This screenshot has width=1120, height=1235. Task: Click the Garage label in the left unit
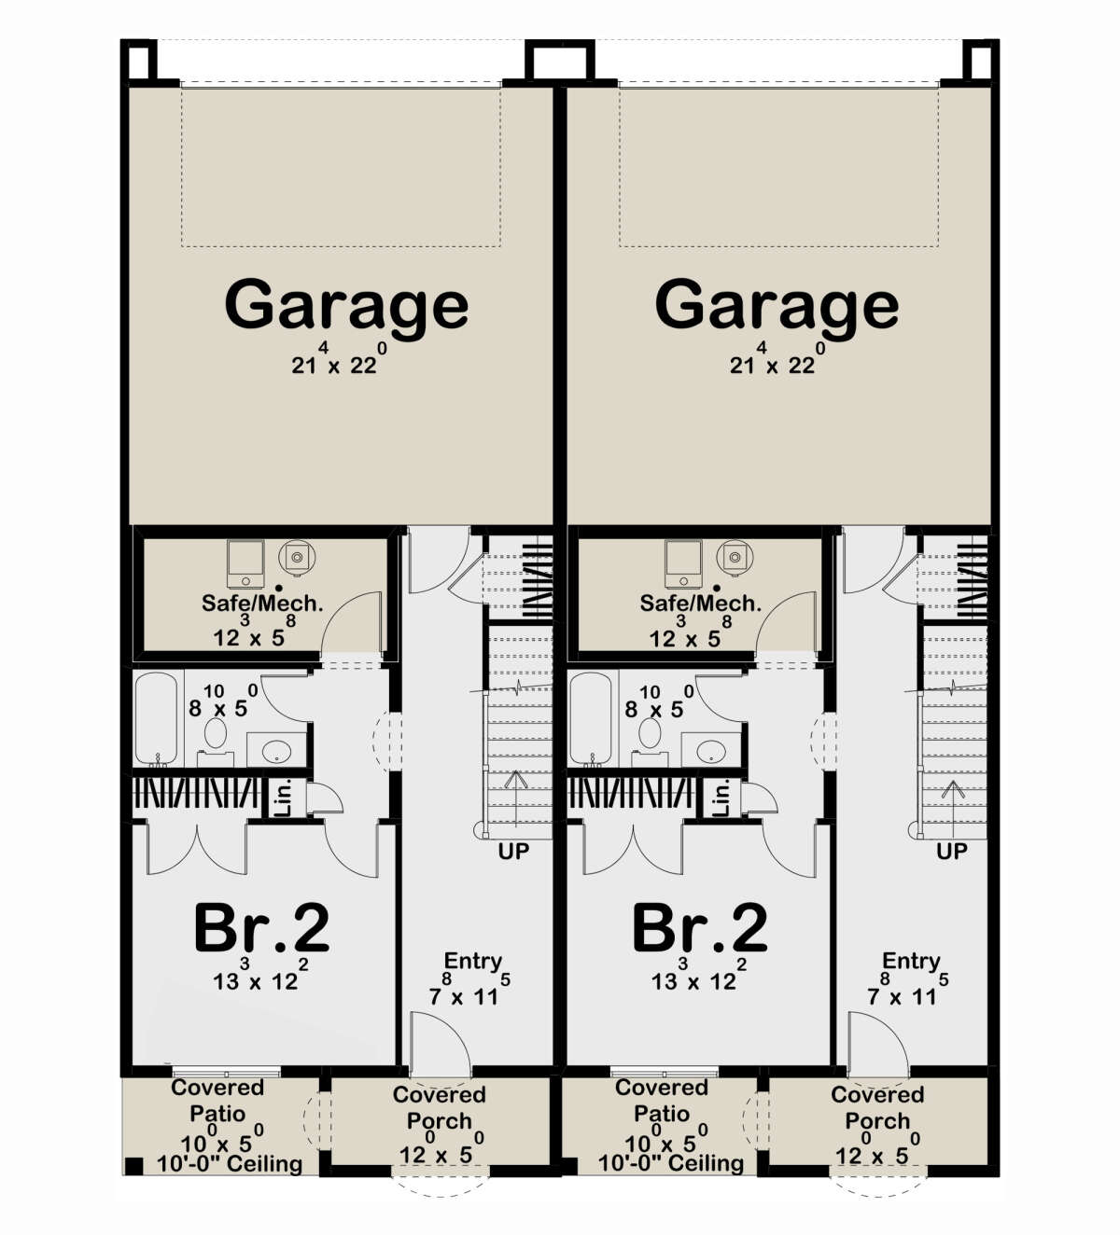(x=346, y=304)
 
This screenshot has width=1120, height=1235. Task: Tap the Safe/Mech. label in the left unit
(x=262, y=603)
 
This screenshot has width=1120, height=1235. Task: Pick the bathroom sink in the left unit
(x=276, y=750)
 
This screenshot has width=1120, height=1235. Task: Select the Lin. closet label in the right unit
(x=721, y=798)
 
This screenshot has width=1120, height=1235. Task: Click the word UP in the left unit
(x=513, y=851)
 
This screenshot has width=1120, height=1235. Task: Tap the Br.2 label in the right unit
(x=700, y=928)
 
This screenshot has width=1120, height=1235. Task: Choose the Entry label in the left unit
(x=473, y=961)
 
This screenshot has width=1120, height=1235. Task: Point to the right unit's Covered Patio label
(x=662, y=1100)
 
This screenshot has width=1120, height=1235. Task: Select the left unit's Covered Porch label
(x=440, y=1107)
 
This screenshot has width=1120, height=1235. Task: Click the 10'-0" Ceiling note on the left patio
(x=230, y=1164)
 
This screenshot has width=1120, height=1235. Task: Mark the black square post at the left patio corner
(x=133, y=1165)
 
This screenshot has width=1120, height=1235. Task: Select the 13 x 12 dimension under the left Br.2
(x=256, y=980)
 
